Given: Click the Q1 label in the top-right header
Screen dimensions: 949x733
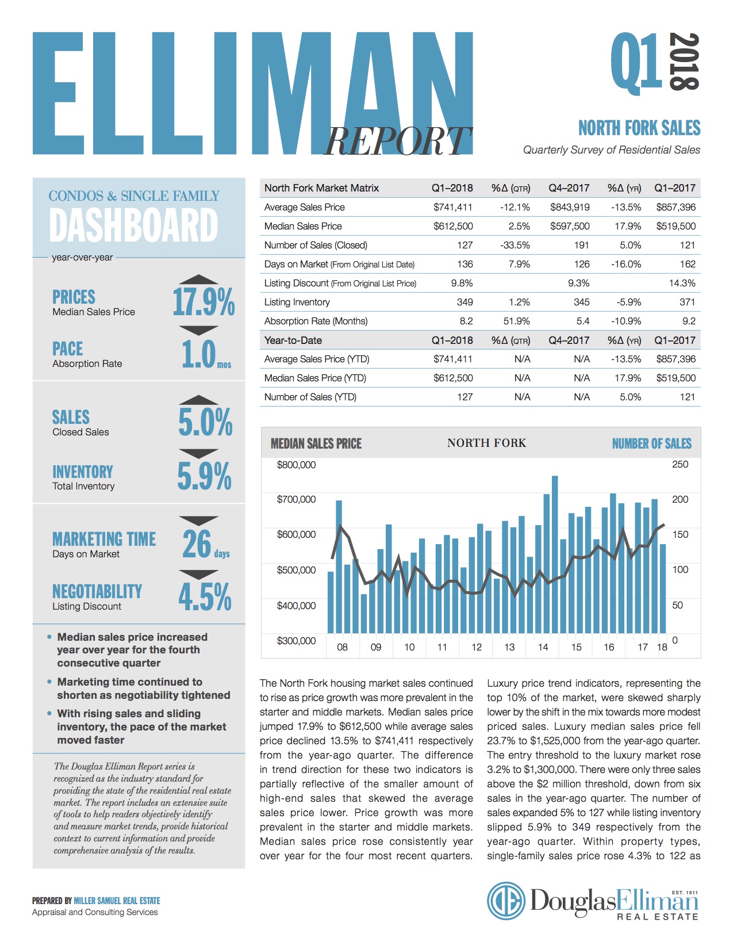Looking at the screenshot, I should coord(636,62).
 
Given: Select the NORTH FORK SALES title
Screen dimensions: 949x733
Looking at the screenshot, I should coord(639,128).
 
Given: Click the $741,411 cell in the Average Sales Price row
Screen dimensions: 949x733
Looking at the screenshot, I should coord(453,207).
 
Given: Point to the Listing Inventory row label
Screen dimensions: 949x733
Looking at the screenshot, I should coord(297,302).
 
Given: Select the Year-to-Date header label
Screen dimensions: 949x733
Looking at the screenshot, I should coord(293,340).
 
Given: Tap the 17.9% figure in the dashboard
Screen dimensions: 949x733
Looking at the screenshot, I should coord(204,302).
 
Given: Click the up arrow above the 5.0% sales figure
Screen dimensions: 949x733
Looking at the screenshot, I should coord(198,400).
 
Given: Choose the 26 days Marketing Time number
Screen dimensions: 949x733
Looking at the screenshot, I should coord(198,544).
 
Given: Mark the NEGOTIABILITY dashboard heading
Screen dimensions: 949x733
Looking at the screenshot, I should coord(97,591).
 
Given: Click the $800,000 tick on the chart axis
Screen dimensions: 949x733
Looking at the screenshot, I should coord(296,465).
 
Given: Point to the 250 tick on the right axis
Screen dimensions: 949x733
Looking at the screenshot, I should coord(680,465).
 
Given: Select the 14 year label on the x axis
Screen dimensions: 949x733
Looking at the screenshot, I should coord(543,647).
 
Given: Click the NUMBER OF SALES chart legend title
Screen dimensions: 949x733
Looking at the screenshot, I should coord(651,443).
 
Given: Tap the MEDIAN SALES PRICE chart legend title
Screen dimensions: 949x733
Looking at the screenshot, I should coord(316,443).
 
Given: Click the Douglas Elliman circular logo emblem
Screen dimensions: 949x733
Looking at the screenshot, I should coord(506,901).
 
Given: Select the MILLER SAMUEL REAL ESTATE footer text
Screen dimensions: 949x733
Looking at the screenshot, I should coord(117,901).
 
